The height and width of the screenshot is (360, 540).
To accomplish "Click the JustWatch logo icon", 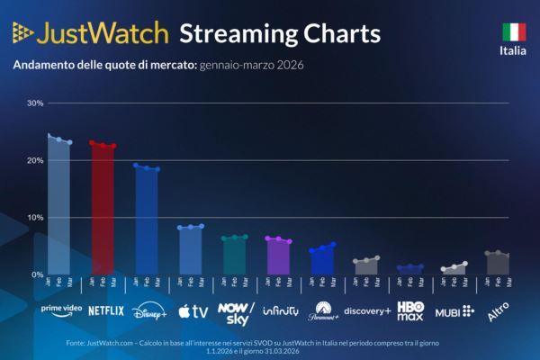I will pyautogui.click(x=23, y=33).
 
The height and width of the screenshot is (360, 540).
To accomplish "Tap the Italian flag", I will pyautogui.click(x=514, y=32).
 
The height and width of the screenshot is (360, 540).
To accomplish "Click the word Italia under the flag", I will pyautogui.click(x=514, y=50).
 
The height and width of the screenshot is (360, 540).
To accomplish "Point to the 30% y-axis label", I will pyautogui.click(x=35, y=103).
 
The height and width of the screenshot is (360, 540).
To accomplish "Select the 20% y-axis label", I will pyautogui.click(x=35, y=160).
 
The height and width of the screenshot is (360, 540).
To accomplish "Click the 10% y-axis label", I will pyautogui.click(x=35, y=218).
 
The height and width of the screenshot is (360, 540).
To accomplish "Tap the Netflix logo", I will pyautogui.click(x=105, y=310).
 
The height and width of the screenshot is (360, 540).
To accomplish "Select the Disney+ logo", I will pyautogui.click(x=149, y=311).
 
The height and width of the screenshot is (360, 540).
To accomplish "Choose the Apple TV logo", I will pyautogui.click(x=193, y=311).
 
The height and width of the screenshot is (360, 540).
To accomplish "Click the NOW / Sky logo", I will pyautogui.click(x=237, y=311).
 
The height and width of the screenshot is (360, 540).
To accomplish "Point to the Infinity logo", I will pyautogui.click(x=280, y=311).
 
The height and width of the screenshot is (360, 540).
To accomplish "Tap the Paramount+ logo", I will pyautogui.click(x=323, y=311).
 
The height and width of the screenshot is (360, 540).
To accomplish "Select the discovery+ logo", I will pyautogui.click(x=367, y=311).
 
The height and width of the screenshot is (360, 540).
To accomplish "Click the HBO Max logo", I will pyautogui.click(x=410, y=311).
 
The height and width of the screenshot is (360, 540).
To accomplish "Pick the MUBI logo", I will pyautogui.click(x=454, y=311).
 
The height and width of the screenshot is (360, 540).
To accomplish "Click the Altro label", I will pyautogui.click(x=497, y=311).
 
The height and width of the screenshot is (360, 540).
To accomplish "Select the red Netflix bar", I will pyautogui.click(x=103, y=211).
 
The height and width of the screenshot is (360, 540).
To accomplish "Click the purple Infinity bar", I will pyautogui.click(x=278, y=257).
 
